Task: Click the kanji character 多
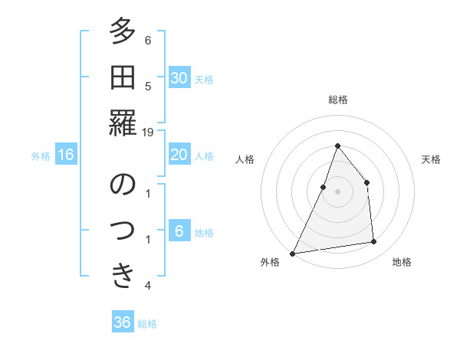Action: [123, 34]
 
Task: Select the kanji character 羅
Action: [123, 123]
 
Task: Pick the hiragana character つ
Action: [123, 230]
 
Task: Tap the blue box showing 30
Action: [179, 77]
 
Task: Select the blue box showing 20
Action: [179, 155]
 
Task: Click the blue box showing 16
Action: [66, 155]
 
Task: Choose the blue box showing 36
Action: [123, 322]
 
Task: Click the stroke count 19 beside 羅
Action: [148, 133]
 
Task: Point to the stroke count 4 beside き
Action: [148, 286]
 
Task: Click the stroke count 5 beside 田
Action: [148, 87]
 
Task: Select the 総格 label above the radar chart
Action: [338, 100]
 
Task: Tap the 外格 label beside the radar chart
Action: [270, 262]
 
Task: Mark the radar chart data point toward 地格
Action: [374, 242]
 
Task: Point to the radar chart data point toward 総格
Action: [337, 146]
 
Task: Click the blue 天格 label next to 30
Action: [204, 79]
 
